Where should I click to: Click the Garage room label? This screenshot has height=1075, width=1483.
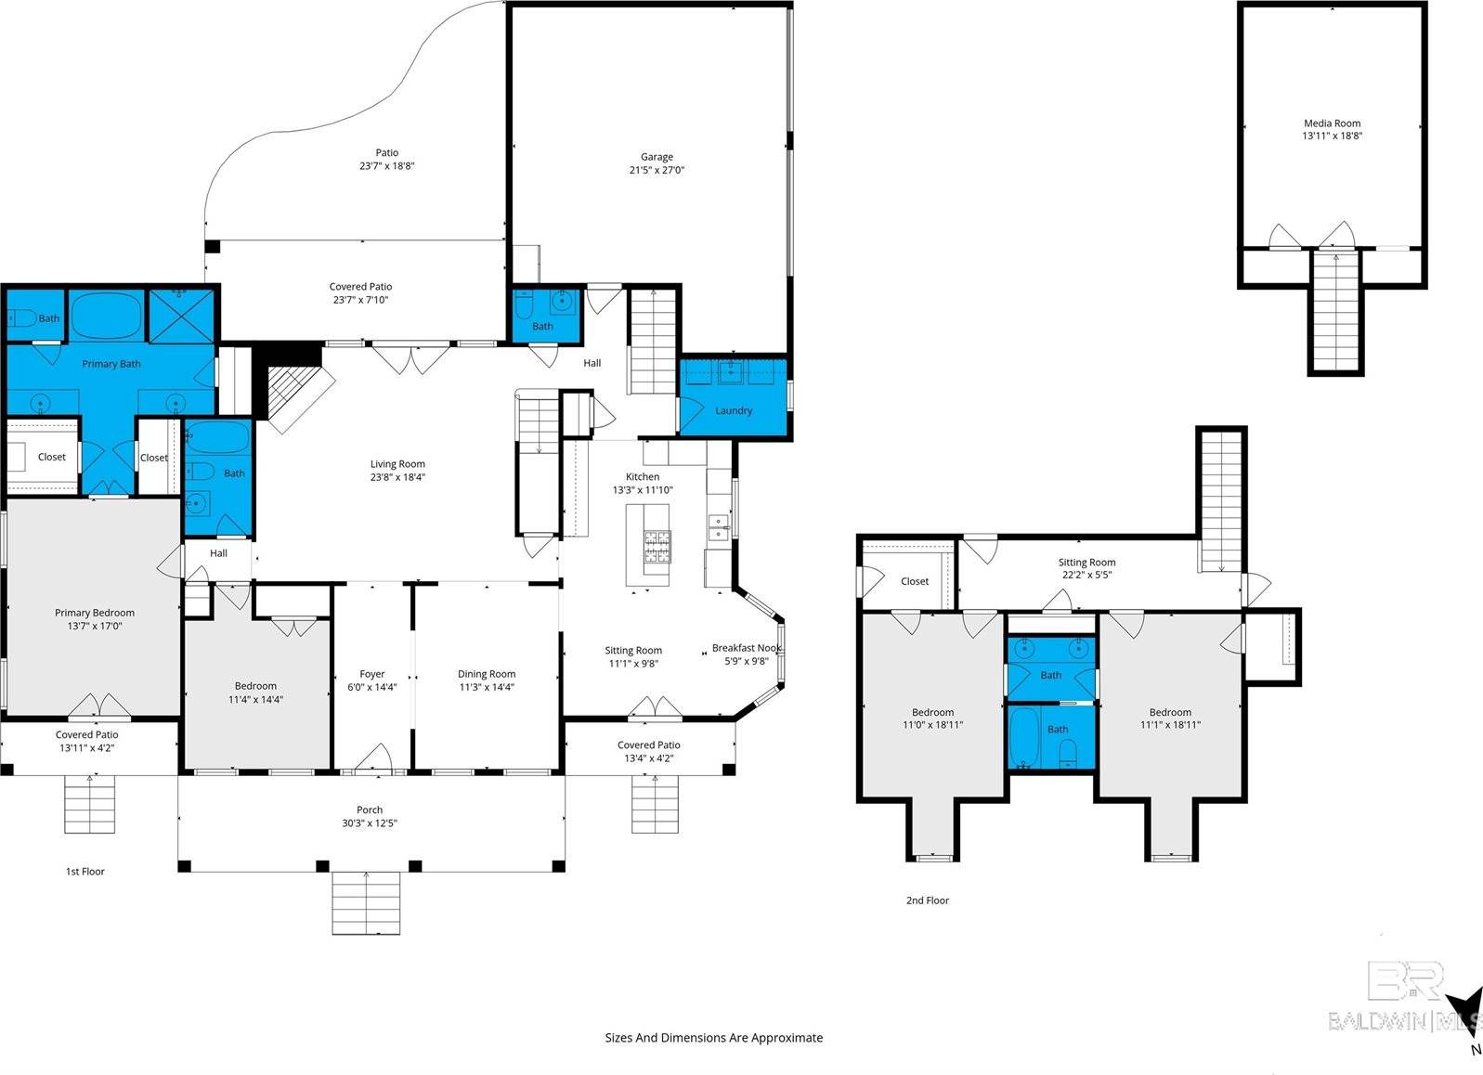coord(657,158)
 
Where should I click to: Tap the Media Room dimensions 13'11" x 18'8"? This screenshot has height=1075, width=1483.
coord(1332,136)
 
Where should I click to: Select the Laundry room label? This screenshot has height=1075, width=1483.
coord(733,410)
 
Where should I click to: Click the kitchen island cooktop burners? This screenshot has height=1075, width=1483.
coord(657,546)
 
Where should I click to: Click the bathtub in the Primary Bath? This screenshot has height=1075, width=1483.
coord(108,316)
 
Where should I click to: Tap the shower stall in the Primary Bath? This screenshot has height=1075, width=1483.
coord(181,316)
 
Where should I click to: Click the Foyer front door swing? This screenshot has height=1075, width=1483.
coord(372,757)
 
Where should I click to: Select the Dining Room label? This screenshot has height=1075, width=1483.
coord(487,675)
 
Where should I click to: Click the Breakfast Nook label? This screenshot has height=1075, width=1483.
coord(747,649)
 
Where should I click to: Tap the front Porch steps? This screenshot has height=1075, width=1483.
coord(367,902)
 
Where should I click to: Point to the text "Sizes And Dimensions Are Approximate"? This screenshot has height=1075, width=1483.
coord(713,1038)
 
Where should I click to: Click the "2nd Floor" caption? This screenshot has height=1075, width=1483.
coord(927,900)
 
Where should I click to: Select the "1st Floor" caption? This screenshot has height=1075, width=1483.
coord(85,872)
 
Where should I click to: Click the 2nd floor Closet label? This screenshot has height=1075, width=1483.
coord(914,582)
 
